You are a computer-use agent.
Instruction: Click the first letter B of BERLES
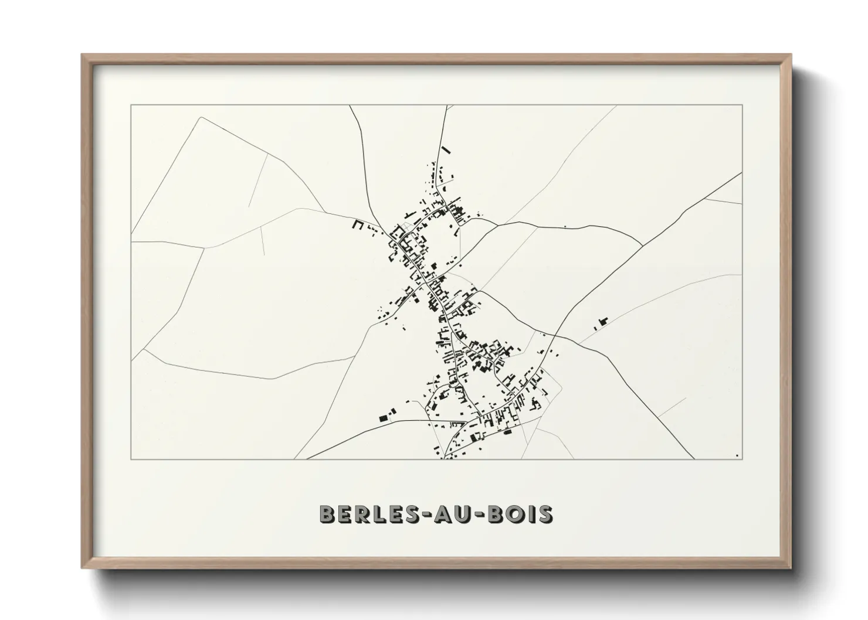coord(327,514)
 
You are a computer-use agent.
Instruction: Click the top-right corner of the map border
coord(742,105)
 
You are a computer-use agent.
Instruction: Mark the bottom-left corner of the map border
coord(131,459)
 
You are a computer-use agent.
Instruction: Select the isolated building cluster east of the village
coord(601,322)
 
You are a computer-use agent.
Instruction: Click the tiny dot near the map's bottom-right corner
coord(736,455)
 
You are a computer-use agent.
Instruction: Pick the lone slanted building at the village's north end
coord(445,149)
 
